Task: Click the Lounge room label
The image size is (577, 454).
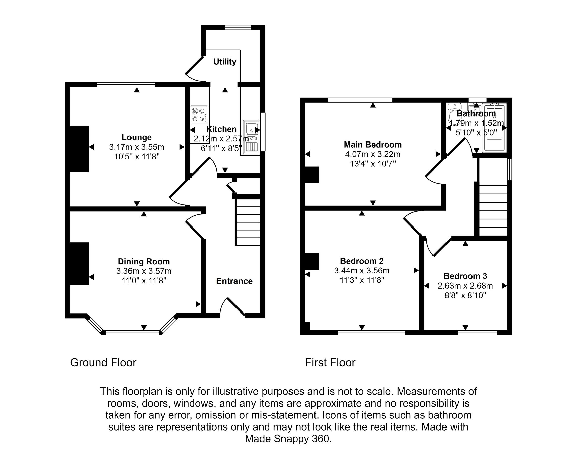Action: click(137, 137)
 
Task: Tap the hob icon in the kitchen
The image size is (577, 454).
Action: click(199, 115)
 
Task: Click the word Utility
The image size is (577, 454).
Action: click(225, 62)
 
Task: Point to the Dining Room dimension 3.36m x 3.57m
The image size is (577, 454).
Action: click(144, 271)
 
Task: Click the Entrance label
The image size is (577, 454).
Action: click(234, 281)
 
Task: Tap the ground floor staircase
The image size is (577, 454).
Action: click(248, 222)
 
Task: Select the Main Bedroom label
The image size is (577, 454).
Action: click(373, 145)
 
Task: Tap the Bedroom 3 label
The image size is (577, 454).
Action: click(465, 276)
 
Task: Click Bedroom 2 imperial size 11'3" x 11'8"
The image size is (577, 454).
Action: click(362, 280)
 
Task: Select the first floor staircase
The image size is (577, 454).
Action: click(493, 210)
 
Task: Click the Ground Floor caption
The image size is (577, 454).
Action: click(103, 362)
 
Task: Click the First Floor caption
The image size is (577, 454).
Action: click(330, 362)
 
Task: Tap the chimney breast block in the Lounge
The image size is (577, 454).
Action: click(79, 149)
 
